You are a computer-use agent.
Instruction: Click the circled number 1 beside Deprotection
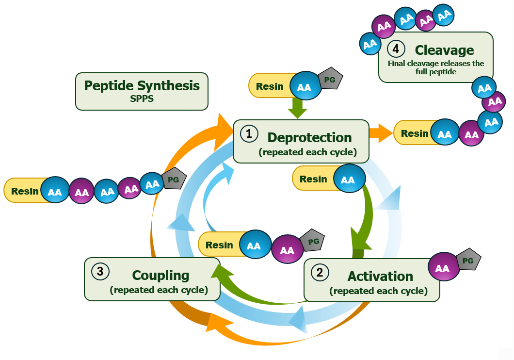(x=249, y=134)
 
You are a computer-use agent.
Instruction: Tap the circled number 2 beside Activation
(x=320, y=272)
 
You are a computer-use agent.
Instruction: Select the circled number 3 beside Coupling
(x=100, y=271)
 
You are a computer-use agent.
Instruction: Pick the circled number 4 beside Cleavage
(x=396, y=49)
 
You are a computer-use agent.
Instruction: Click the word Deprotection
(x=309, y=137)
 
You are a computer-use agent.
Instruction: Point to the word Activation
(x=380, y=276)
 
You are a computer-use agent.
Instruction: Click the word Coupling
(x=161, y=275)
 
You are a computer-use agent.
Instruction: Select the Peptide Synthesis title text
(x=142, y=86)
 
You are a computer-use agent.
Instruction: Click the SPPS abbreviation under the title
(x=142, y=98)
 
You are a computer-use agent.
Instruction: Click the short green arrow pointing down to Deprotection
(x=297, y=109)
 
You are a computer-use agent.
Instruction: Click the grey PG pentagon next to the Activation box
(x=468, y=261)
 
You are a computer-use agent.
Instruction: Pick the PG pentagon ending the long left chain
(x=173, y=179)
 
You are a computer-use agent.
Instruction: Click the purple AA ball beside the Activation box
(x=442, y=268)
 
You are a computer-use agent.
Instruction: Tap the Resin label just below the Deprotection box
(x=313, y=179)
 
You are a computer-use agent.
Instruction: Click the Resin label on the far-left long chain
(x=25, y=191)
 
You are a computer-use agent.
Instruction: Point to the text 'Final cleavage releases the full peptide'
(x=435, y=67)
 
